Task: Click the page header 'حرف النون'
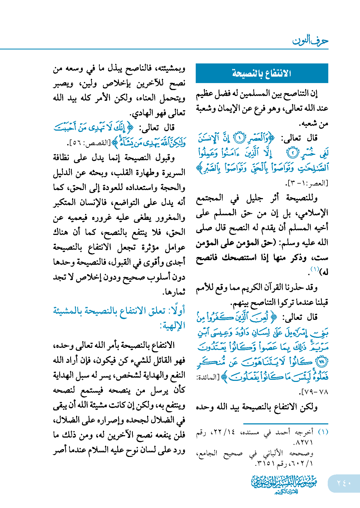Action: click(310, 41)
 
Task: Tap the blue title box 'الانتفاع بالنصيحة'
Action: click(262, 73)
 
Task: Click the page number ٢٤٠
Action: click(344, 483)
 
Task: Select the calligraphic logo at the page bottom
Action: click(284, 484)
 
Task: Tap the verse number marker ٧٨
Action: click(322, 362)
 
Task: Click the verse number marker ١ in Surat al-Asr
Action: click(239, 138)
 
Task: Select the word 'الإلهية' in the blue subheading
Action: click(173, 325)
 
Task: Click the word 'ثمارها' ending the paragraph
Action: click(175, 292)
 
